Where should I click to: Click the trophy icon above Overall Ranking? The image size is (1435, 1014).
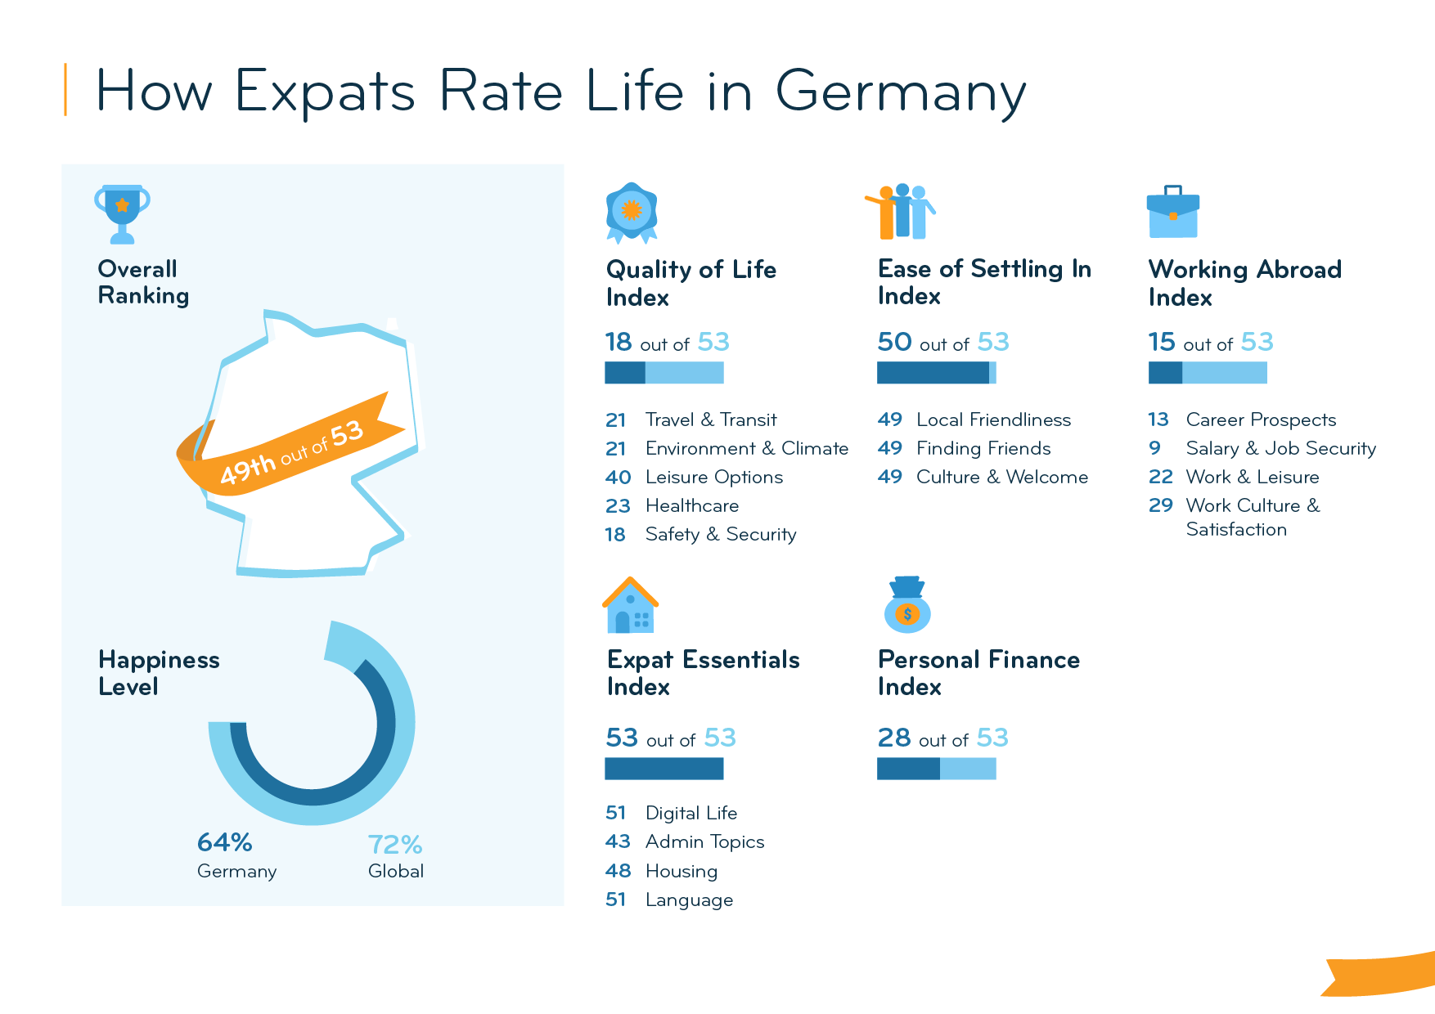(x=122, y=213)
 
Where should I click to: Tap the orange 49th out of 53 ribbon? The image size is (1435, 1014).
(x=291, y=452)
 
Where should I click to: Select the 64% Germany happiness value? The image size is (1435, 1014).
(x=224, y=842)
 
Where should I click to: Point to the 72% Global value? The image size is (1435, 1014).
(x=394, y=845)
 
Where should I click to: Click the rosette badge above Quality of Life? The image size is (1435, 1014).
(x=631, y=212)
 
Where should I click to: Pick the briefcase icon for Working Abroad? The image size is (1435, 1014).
(x=1172, y=213)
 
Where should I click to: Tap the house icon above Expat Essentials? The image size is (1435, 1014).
(x=630, y=606)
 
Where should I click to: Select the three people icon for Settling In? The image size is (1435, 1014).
(x=901, y=211)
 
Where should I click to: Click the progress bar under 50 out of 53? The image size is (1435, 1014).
(x=936, y=373)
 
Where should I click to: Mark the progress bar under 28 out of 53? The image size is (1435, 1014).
(x=936, y=769)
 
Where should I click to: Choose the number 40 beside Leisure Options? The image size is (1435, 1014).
(x=618, y=478)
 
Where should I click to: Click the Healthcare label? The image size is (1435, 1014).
(x=691, y=506)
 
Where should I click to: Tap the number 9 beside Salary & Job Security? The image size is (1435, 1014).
(x=1154, y=448)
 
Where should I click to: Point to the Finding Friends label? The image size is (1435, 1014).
(x=983, y=448)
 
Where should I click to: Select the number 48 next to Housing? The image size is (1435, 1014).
(x=618, y=871)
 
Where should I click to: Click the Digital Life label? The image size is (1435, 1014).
(x=691, y=813)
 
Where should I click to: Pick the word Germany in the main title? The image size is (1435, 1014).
(x=900, y=92)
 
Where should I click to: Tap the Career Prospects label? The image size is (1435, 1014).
(x=1260, y=420)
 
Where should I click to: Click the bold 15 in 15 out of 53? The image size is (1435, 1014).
(x=1161, y=342)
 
